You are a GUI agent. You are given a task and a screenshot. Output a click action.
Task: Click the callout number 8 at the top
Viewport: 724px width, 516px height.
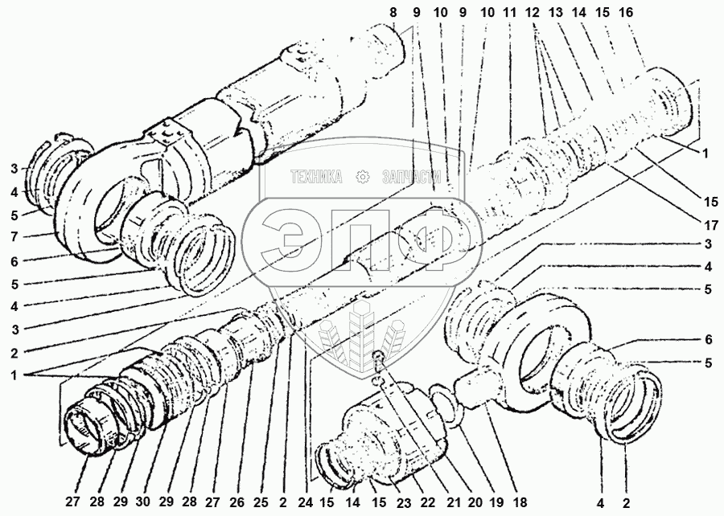(393, 12)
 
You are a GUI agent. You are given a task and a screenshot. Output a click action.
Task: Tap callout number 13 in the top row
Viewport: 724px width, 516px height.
(555, 12)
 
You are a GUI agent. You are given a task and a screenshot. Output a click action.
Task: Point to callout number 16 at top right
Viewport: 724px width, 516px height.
(626, 12)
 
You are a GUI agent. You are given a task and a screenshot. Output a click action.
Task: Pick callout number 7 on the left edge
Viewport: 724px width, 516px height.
(14, 236)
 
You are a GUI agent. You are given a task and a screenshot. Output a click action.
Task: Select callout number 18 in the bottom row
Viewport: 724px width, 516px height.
(520, 502)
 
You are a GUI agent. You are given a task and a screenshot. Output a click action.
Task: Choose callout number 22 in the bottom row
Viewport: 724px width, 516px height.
(426, 502)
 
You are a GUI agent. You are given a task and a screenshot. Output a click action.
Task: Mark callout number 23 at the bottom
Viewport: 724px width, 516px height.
(403, 503)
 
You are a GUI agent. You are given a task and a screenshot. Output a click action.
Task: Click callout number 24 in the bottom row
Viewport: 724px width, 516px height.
(305, 502)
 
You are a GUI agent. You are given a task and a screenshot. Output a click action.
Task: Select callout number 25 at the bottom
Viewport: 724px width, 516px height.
(261, 502)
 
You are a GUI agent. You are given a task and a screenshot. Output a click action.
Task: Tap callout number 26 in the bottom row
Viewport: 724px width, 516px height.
(237, 502)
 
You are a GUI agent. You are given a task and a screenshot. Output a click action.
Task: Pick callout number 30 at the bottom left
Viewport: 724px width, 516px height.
(144, 502)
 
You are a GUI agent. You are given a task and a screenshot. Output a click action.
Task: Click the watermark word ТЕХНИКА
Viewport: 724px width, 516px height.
(316, 177)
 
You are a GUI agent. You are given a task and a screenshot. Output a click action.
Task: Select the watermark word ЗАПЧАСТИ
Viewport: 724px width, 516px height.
(412, 177)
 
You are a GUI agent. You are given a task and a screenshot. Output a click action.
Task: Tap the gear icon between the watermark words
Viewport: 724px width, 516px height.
(363, 177)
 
